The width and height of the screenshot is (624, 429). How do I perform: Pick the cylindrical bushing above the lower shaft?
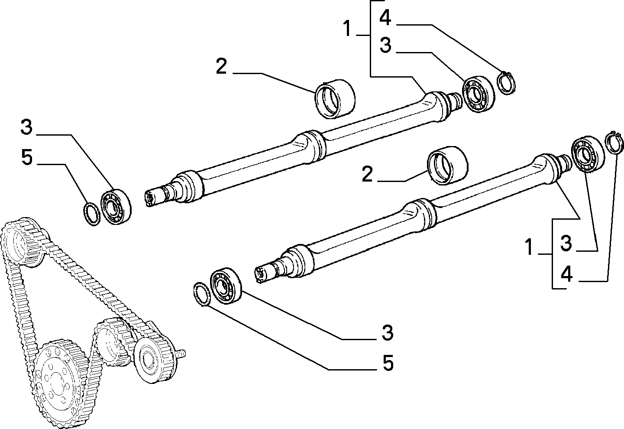(448, 165)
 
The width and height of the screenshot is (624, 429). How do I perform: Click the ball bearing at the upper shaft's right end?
(479, 94)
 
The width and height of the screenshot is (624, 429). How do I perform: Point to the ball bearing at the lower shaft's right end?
(588, 154)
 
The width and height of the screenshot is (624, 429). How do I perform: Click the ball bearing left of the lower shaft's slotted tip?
(226, 286)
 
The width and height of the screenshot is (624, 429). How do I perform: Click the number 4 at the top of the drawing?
(385, 18)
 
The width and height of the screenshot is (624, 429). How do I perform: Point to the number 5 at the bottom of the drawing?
(388, 363)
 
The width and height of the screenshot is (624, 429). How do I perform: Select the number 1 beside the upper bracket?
(347, 29)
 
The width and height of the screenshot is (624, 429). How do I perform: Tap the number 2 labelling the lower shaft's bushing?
(367, 174)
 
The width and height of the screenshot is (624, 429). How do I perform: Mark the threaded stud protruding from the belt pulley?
(181, 354)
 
